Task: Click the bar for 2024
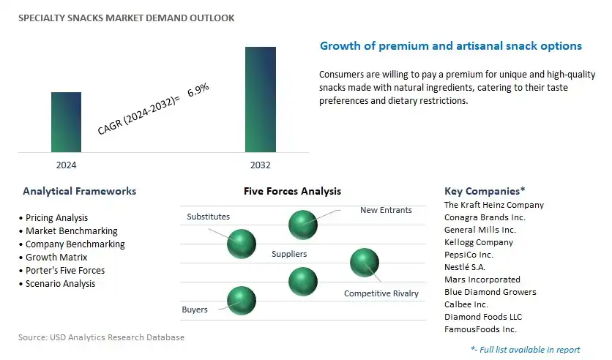66,122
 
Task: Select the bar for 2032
261,100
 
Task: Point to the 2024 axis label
66,165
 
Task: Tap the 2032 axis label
261,165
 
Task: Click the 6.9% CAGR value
198,90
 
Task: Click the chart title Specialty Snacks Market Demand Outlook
127,18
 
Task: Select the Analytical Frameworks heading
80,191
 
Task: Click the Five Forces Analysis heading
292,191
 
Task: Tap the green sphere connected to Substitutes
242,244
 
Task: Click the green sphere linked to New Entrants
303,225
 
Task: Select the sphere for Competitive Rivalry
365,263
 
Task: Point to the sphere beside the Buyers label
242,301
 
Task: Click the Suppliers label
289,254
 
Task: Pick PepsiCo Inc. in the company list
469,255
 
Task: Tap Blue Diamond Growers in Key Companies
490,292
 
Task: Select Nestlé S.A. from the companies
464,267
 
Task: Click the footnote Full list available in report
526,350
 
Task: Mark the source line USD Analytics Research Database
101,337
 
